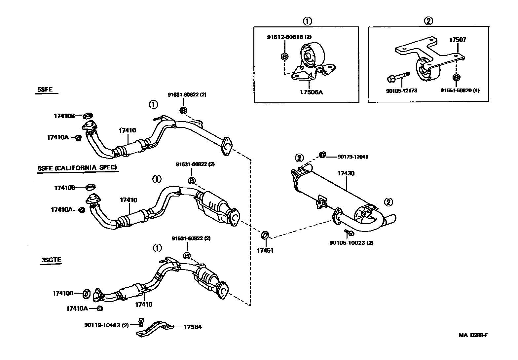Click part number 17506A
311,92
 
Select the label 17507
458,40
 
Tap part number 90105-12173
401,90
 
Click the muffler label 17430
346,173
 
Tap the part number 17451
265,251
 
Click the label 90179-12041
353,157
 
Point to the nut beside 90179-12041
323,154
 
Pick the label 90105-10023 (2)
351,243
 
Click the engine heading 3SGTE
51,260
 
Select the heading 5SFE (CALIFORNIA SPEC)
77,168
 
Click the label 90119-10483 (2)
106,325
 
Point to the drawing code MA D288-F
473,335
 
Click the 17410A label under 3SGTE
77,308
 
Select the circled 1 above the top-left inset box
307,21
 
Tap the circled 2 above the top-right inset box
428,21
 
